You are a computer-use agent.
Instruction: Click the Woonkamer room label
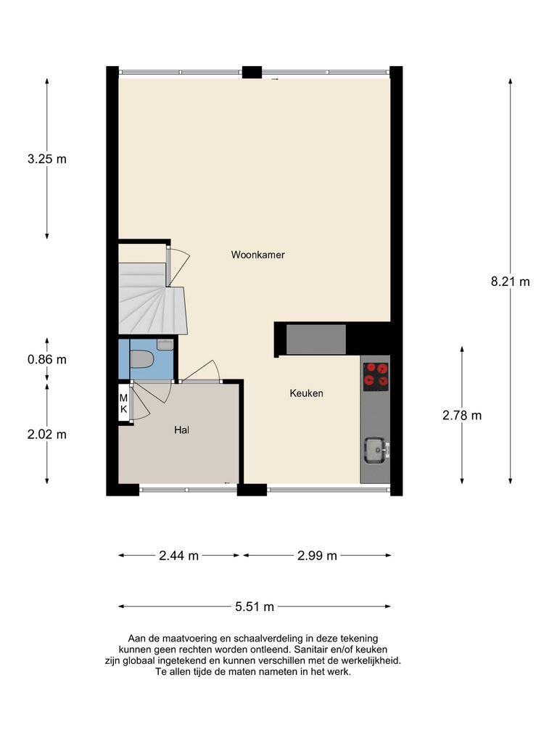pyautogui.click(x=257, y=255)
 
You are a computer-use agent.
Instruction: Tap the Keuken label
pyautogui.click(x=306, y=393)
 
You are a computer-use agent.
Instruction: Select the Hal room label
pyautogui.click(x=181, y=430)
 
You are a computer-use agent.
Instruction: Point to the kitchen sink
pyautogui.click(x=375, y=449)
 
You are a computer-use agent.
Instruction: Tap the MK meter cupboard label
pyautogui.click(x=123, y=403)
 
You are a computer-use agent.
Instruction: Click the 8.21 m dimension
pyautogui.click(x=510, y=282)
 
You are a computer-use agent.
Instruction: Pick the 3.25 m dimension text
pyautogui.click(x=46, y=159)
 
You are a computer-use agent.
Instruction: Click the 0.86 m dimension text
pyautogui.click(x=46, y=359)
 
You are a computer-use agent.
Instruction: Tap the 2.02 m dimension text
pyautogui.click(x=46, y=435)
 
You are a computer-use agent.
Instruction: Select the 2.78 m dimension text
pyautogui.click(x=462, y=416)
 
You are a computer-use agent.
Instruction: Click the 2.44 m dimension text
pyautogui.click(x=178, y=556)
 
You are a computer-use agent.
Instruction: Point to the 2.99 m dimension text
pyautogui.click(x=317, y=556)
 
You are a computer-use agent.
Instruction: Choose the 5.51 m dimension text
pyautogui.click(x=254, y=607)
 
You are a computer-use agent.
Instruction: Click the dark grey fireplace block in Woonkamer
pyautogui.click(x=316, y=340)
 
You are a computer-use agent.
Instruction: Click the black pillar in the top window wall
pyautogui.click(x=252, y=73)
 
